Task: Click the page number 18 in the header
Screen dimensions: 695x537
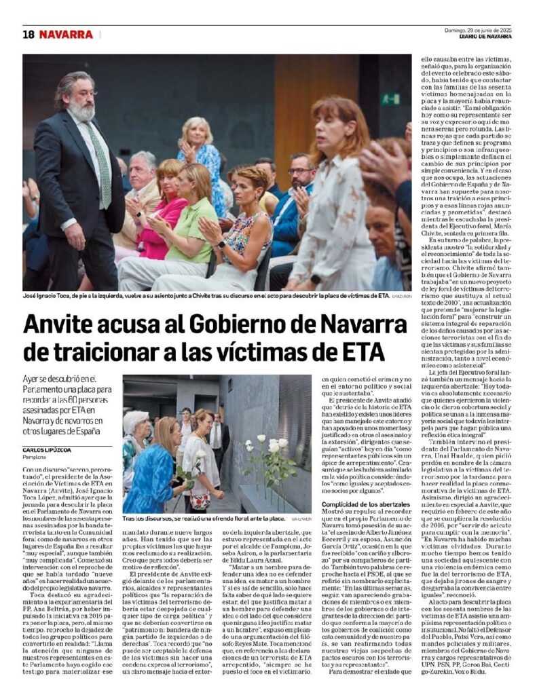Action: (28, 34)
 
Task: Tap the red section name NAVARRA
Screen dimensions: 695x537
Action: (66, 34)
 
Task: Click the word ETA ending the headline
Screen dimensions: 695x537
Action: (360, 352)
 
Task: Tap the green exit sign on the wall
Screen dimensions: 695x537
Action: (390, 98)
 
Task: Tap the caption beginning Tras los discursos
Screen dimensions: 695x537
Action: (204, 518)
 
